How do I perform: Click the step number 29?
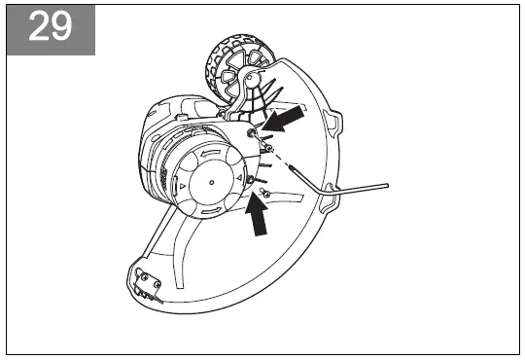pos(51,27)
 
